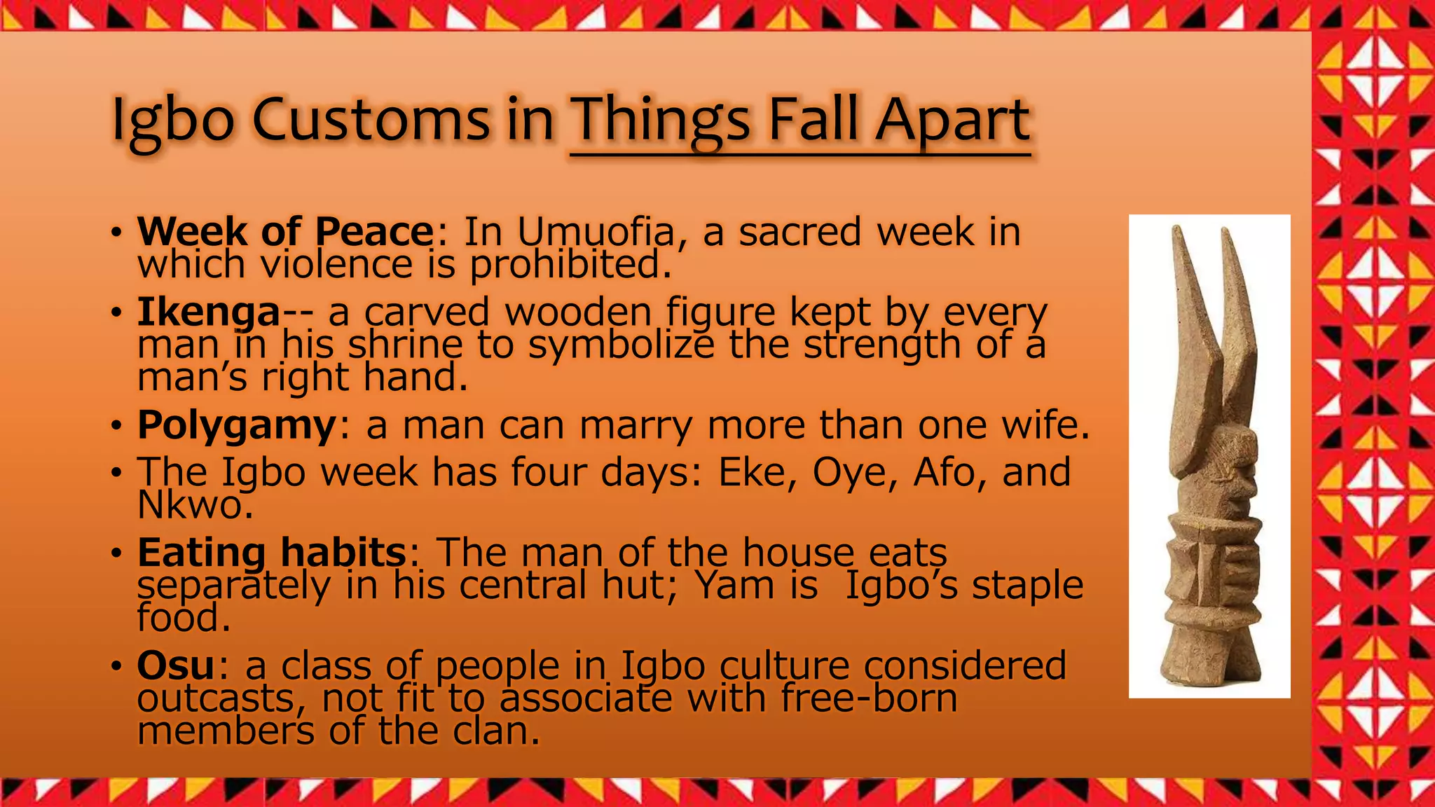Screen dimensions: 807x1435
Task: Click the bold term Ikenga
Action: point(209,312)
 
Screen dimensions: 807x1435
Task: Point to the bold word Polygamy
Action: point(237,425)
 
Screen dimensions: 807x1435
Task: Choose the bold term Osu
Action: point(175,665)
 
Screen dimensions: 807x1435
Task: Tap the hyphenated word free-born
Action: point(869,698)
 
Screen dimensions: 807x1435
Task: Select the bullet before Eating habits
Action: point(116,553)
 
